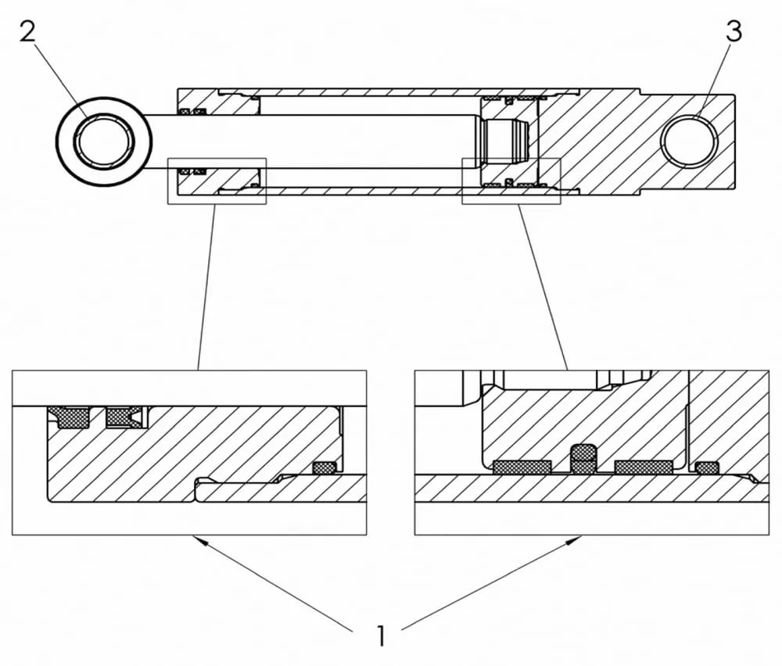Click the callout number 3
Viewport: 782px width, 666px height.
click(x=734, y=34)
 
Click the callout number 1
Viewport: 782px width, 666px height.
click(x=381, y=636)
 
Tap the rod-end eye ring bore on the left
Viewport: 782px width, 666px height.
click(x=104, y=141)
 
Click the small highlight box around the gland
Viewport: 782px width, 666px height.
click(x=217, y=181)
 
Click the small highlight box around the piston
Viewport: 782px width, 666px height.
click(x=511, y=181)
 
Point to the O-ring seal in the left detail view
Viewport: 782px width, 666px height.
click(x=324, y=467)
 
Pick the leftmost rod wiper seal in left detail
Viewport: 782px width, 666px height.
click(x=70, y=417)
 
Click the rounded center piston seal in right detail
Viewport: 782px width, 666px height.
click(x=583, y=459)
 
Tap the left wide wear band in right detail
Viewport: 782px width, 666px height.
click(x=522, y=467)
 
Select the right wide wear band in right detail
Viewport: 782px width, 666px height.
click(x=643, y=467)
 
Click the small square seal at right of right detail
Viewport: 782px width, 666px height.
click(x=707, y=467)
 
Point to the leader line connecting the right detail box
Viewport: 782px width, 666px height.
click(x=542, y=286)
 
